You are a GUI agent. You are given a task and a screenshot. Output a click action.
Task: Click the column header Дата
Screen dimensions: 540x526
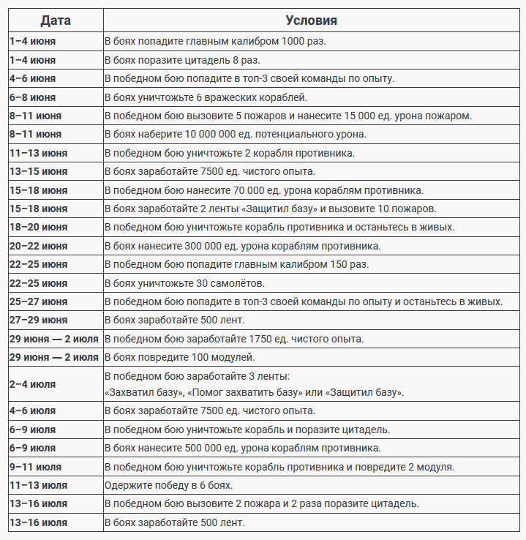pos(56,20)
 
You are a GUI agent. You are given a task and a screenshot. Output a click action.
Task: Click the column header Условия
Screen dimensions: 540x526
pos(312,20)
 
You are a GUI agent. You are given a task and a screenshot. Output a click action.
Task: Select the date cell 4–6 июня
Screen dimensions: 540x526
pos(33,78)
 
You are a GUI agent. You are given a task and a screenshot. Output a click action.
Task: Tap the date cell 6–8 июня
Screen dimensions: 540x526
pos(33,97)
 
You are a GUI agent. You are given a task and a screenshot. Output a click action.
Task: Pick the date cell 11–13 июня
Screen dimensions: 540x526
pos(38,153)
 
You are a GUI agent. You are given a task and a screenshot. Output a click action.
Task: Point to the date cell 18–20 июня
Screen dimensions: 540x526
pos(38,227)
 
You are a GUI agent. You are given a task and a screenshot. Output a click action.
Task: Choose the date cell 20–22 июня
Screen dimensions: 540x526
pos(38,246)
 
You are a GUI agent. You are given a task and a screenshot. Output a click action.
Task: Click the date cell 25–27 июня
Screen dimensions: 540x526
pos(38,301)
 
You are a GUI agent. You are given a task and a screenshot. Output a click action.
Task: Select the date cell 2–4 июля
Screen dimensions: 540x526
pos(32,384)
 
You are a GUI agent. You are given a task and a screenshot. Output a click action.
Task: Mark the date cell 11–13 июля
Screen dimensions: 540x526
pos(38,485)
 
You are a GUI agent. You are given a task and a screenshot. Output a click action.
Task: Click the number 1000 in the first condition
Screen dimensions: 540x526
pos(288,42)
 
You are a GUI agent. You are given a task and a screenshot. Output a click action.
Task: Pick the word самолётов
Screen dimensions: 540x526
pos(238,282)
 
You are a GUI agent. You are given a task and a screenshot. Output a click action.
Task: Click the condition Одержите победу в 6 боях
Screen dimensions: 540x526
pos(168,485)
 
